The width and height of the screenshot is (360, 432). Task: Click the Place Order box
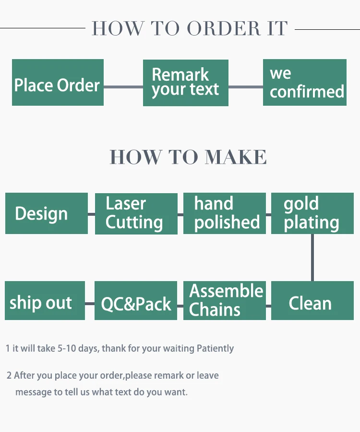(x=58, y=83)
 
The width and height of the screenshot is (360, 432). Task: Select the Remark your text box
(x=186, y=83)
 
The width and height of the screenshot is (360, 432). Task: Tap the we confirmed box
(x=305, y=83)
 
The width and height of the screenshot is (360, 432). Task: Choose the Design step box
(x=47, y=213)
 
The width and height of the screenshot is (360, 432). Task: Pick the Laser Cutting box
(x=136, y=213)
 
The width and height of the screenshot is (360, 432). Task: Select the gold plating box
(x=312, y=213)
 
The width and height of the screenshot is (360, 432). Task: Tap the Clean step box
(x=312, y=301)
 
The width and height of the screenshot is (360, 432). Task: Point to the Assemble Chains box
(x=225, y=301)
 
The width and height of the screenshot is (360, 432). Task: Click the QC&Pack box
(x=136, y=301)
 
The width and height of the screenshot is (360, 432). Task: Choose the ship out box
(x=45, y=301)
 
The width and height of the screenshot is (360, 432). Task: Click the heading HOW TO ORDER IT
(x=190, y=29)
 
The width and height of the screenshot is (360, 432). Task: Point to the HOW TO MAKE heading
(x=188, y=157)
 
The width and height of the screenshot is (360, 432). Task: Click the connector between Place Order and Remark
(x=123, y=87)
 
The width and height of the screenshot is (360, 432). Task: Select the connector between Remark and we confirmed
(x=245, y=87)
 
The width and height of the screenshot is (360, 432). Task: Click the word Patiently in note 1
(x=216, y=348)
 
